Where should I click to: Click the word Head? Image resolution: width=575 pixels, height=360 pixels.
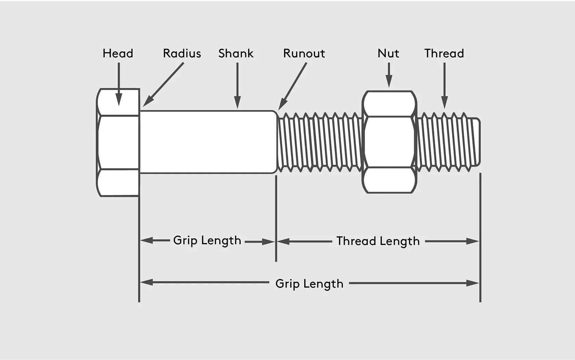(x=118, y=53)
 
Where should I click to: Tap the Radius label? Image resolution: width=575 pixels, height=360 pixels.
(x=182, y=53)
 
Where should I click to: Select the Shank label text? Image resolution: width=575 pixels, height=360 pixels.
(x=236, y=53)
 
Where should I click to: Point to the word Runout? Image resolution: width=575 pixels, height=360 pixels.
(x=304, y=53)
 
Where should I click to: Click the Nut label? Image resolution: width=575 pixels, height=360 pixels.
(x=388, y=53)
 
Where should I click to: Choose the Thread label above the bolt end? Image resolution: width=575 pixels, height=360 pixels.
(x=444, y=53)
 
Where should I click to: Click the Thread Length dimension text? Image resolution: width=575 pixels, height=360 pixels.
(x=378, y=241)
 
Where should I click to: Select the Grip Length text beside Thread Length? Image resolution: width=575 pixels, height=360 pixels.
(x=207, y=240)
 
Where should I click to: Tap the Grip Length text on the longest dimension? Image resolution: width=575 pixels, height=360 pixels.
(x=309, y=284)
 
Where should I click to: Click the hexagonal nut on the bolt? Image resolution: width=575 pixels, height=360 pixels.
(x=389, y=142)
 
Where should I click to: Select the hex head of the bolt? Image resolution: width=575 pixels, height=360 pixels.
(x=118, y=142)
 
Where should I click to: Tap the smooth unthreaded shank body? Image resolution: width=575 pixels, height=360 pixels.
(x=208, y=142)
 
